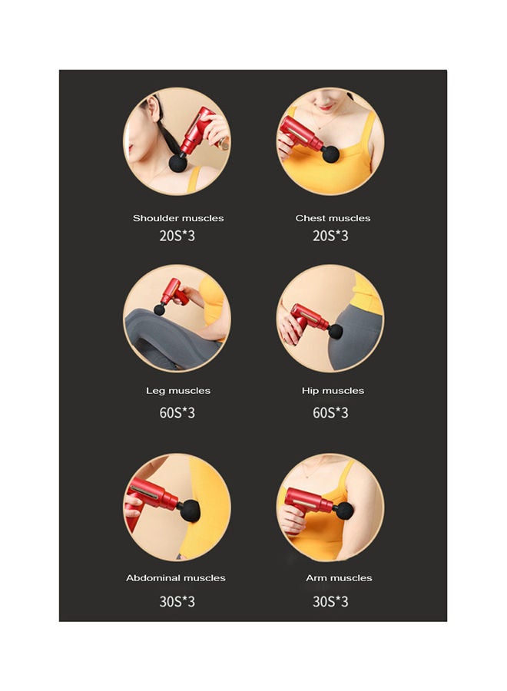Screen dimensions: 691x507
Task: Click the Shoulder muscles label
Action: pyautogui.click(x=178, y=218)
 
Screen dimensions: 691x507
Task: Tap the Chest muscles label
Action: pyautogui.click(x=333, y=218)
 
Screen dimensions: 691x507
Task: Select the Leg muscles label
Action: pyautogui.click(x=178, y=391)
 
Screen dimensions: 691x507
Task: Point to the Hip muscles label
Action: pyautogui.click(x=333, y=391)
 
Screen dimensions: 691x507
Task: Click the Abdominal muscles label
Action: pyautogui.click(x=176, y=578)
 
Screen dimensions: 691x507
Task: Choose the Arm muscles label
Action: pyautogui.click(x=339, y=578)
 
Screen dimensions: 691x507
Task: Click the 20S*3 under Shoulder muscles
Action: pyautogui.click(x=177, y=236)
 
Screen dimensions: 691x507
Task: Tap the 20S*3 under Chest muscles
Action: pyautogui.click(x=330, y=236)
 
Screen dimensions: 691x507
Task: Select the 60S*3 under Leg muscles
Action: pyautogui.click(x=177, y=413)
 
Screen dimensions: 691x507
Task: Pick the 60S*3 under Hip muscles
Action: pyautogui.click(x=330, y=413)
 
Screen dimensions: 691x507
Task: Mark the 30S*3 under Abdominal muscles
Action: pyautogui.click(x=177, y=601)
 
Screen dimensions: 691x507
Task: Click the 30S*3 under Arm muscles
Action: pyautogui.click(x=330, y=601)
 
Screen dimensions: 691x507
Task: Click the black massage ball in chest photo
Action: pyautogui.click(x=331, y=154)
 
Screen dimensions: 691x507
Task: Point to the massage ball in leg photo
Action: pyautogui.click(x=160, y=309)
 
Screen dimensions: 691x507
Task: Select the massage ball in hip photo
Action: pyautogui.click(x=336, y=331)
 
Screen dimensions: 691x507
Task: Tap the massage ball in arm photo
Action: pyautogui.click(x=345, y=511)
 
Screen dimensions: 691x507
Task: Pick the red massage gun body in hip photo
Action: pyautogui.click(x=308, y=316)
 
